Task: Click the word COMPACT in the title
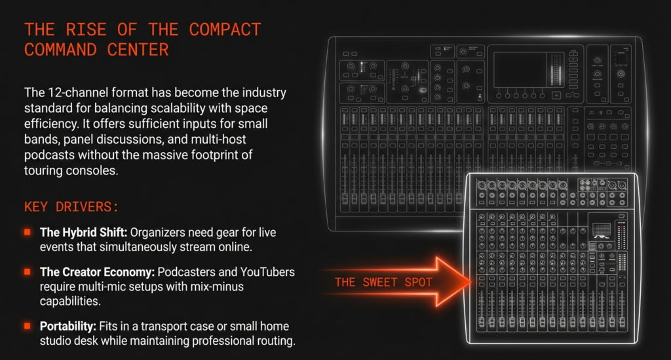click(225, 30)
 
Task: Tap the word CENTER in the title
click(138, 50)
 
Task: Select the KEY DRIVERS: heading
click(71, 207)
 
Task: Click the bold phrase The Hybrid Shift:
click(83, 232)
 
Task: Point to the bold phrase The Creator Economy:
click(97, 272)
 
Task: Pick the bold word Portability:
click(68, 327)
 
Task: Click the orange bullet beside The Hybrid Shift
click(28, 232)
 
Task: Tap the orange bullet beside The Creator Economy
click(28, 272)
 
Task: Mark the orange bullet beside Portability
click(28, 326)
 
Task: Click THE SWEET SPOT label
click(383, 283)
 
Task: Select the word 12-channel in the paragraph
click(78, 92)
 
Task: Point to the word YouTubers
click(267, 272)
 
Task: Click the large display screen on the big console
click(520, 70)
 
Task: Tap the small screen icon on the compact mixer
click(602, 230)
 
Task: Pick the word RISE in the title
click(86, 30)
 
